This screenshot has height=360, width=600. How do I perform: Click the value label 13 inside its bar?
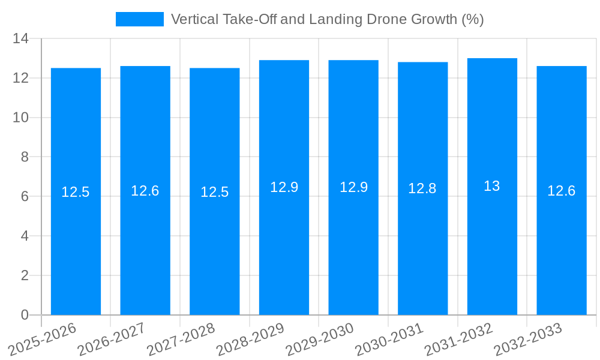(492, 186)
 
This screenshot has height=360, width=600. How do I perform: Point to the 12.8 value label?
(422, 188)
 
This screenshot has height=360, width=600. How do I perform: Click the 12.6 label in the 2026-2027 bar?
(145, 191)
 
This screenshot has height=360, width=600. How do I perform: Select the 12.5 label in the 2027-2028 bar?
(214, 192)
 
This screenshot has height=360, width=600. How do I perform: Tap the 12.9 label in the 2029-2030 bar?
(353, 187)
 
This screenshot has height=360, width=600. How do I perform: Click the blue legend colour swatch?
(139, 19)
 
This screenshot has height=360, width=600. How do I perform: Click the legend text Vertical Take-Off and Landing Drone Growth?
(327, 19)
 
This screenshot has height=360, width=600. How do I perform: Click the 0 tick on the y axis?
(25, 315)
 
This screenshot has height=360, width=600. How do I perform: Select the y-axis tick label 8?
(25, 157)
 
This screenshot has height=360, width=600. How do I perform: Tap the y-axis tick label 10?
(20, 118)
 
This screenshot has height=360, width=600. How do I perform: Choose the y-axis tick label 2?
(25, 275)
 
